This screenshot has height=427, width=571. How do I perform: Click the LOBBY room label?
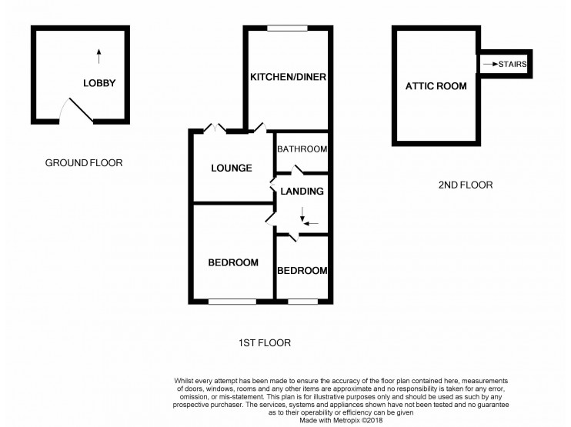point(100,82)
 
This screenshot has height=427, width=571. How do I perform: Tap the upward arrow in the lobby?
point(99,55)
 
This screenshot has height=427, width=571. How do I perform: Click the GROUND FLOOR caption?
point(84,162)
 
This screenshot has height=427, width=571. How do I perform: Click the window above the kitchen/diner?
point(289,29)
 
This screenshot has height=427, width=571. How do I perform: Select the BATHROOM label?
point(302,149)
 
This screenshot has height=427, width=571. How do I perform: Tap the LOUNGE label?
point(231,168)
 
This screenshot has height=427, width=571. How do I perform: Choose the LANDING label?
point(302,191)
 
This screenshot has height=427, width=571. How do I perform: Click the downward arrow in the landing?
point(302,213)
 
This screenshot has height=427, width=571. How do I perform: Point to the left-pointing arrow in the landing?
point(312,223)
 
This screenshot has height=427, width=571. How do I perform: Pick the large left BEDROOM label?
point(233,262)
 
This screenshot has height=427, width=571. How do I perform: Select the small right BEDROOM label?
point(302,271)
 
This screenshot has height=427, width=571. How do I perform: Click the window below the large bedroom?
point(232,301)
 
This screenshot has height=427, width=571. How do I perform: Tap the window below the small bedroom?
point(302,301)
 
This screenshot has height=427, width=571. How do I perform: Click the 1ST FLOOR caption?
point(264,343)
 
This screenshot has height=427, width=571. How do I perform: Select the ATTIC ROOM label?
point(436,86)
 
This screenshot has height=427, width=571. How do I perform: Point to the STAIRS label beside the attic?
point(513,65)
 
